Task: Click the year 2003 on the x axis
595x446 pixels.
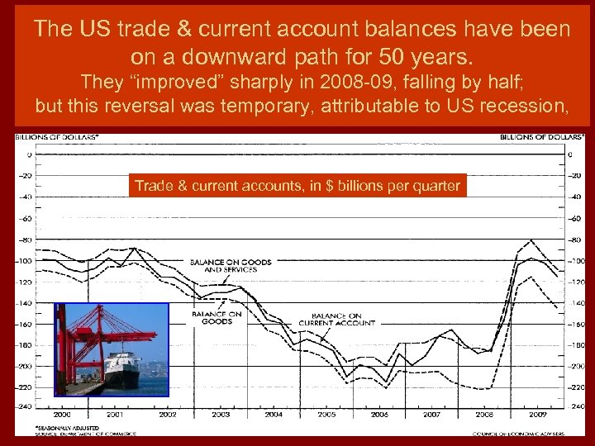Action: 220,414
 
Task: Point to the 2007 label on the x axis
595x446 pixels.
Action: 431,414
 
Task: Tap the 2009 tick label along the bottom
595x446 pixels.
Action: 537,414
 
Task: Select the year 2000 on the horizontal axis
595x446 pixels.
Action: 62,414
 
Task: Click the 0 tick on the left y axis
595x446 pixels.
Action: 29,154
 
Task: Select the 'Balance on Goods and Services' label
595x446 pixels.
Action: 231,266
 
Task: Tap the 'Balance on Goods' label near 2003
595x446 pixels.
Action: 217,317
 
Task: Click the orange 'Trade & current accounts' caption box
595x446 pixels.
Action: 297,186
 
